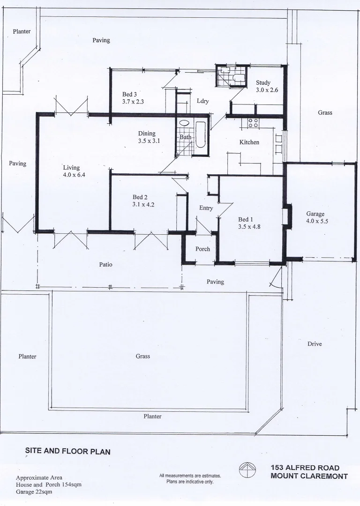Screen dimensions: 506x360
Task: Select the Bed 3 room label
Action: coord(129,94)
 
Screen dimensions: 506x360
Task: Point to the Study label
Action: coord(263,82)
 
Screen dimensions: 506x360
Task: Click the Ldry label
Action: coord(202,101)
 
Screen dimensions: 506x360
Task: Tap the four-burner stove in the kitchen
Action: coord(253,123)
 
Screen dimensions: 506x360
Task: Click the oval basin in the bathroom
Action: coord(184,123)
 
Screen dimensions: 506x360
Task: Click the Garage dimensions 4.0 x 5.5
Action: coord(318,221)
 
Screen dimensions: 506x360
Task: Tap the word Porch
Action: coord(202,249)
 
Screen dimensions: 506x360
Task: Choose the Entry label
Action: coord(206,208)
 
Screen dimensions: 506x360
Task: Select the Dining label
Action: coord(146,134)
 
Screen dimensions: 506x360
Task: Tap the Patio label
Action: coord(105,264)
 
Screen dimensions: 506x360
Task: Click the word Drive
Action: coord(315,343)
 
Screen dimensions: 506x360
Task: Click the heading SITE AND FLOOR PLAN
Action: coord(67,452)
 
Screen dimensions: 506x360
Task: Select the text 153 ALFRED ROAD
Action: coord(305,468)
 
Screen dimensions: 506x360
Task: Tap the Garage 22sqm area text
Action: coord(34,492)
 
